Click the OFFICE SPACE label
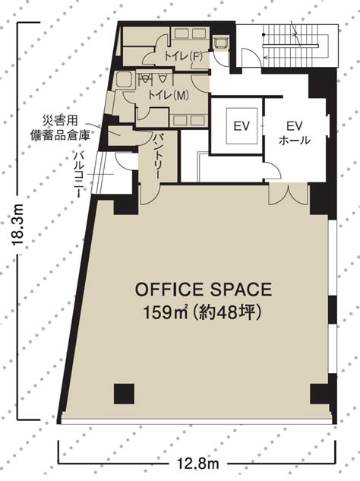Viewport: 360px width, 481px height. [204, 290]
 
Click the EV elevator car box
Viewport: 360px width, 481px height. [242, 126]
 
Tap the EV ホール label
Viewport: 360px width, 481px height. [295, 133]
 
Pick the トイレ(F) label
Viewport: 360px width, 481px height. [183, 55]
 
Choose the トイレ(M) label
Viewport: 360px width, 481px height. [169, 95]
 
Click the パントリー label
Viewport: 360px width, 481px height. [159, 156]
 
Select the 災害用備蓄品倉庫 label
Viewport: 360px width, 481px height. [61, 128]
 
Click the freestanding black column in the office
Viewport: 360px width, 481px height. [124, 394]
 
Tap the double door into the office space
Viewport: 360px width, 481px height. [289, 195]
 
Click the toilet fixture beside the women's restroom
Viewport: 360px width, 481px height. [220, 43]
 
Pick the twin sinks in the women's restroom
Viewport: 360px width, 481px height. [189, 33]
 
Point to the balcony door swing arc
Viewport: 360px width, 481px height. [125, 161]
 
